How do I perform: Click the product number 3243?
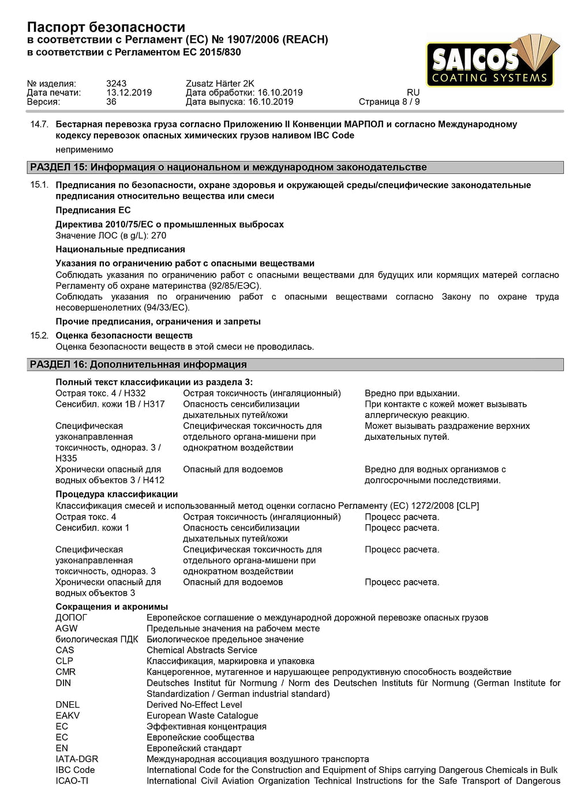coord(116,84)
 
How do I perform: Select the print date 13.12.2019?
coord(129,93)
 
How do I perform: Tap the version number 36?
coord(111,102)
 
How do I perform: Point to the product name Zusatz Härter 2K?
coord(220,84)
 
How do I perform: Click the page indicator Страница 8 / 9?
coord(389,102)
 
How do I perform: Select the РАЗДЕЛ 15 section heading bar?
coord(295,167)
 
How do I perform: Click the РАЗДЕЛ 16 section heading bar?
coord(295,365)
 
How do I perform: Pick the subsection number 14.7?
coord(39,125)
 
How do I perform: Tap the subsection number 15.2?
coord(39,336)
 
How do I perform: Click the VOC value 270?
coord(159,235)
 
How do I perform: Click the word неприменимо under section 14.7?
coord(84,150)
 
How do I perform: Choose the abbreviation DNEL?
coord(68,705)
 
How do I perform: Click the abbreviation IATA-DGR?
coord(77,759)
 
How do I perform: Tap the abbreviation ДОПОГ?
coord(72,618)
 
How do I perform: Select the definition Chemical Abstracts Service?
coord(202,651)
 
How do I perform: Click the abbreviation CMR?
coord(66,672)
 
